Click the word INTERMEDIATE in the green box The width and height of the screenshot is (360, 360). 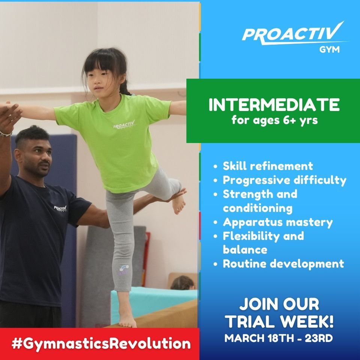pyautogui.click(x=274, y=105)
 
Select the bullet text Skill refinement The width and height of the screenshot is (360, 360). pyautogui.click(x=268, y=166)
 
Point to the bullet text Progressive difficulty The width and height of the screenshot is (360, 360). pyautogui.click(x=284, y=180)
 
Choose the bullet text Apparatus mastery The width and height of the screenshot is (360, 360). pyautogui.click(x=277, y=222)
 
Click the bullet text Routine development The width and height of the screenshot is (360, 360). pyautogui.click(x=283, y=264)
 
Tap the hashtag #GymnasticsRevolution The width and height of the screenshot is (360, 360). pyautogui.click(x=101, y=343)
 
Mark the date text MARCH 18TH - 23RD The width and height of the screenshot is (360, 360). pyautogui.click(x=279, y=338)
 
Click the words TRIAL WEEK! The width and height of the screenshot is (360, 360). pyautogui.click(x=279, y=321)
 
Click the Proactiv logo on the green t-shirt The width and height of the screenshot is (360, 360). pyautogui.click(x=124, y=124)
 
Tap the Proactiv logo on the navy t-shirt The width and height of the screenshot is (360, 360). pyautogui.click(x=60, y=208)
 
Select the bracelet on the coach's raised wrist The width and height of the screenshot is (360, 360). pyautogui.click(x=5, y=133)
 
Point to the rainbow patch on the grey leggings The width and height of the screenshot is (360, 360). pyautogui.click(x=123, y=270)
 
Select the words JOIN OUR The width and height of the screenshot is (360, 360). pyautogui.click(x=279, y=304)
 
